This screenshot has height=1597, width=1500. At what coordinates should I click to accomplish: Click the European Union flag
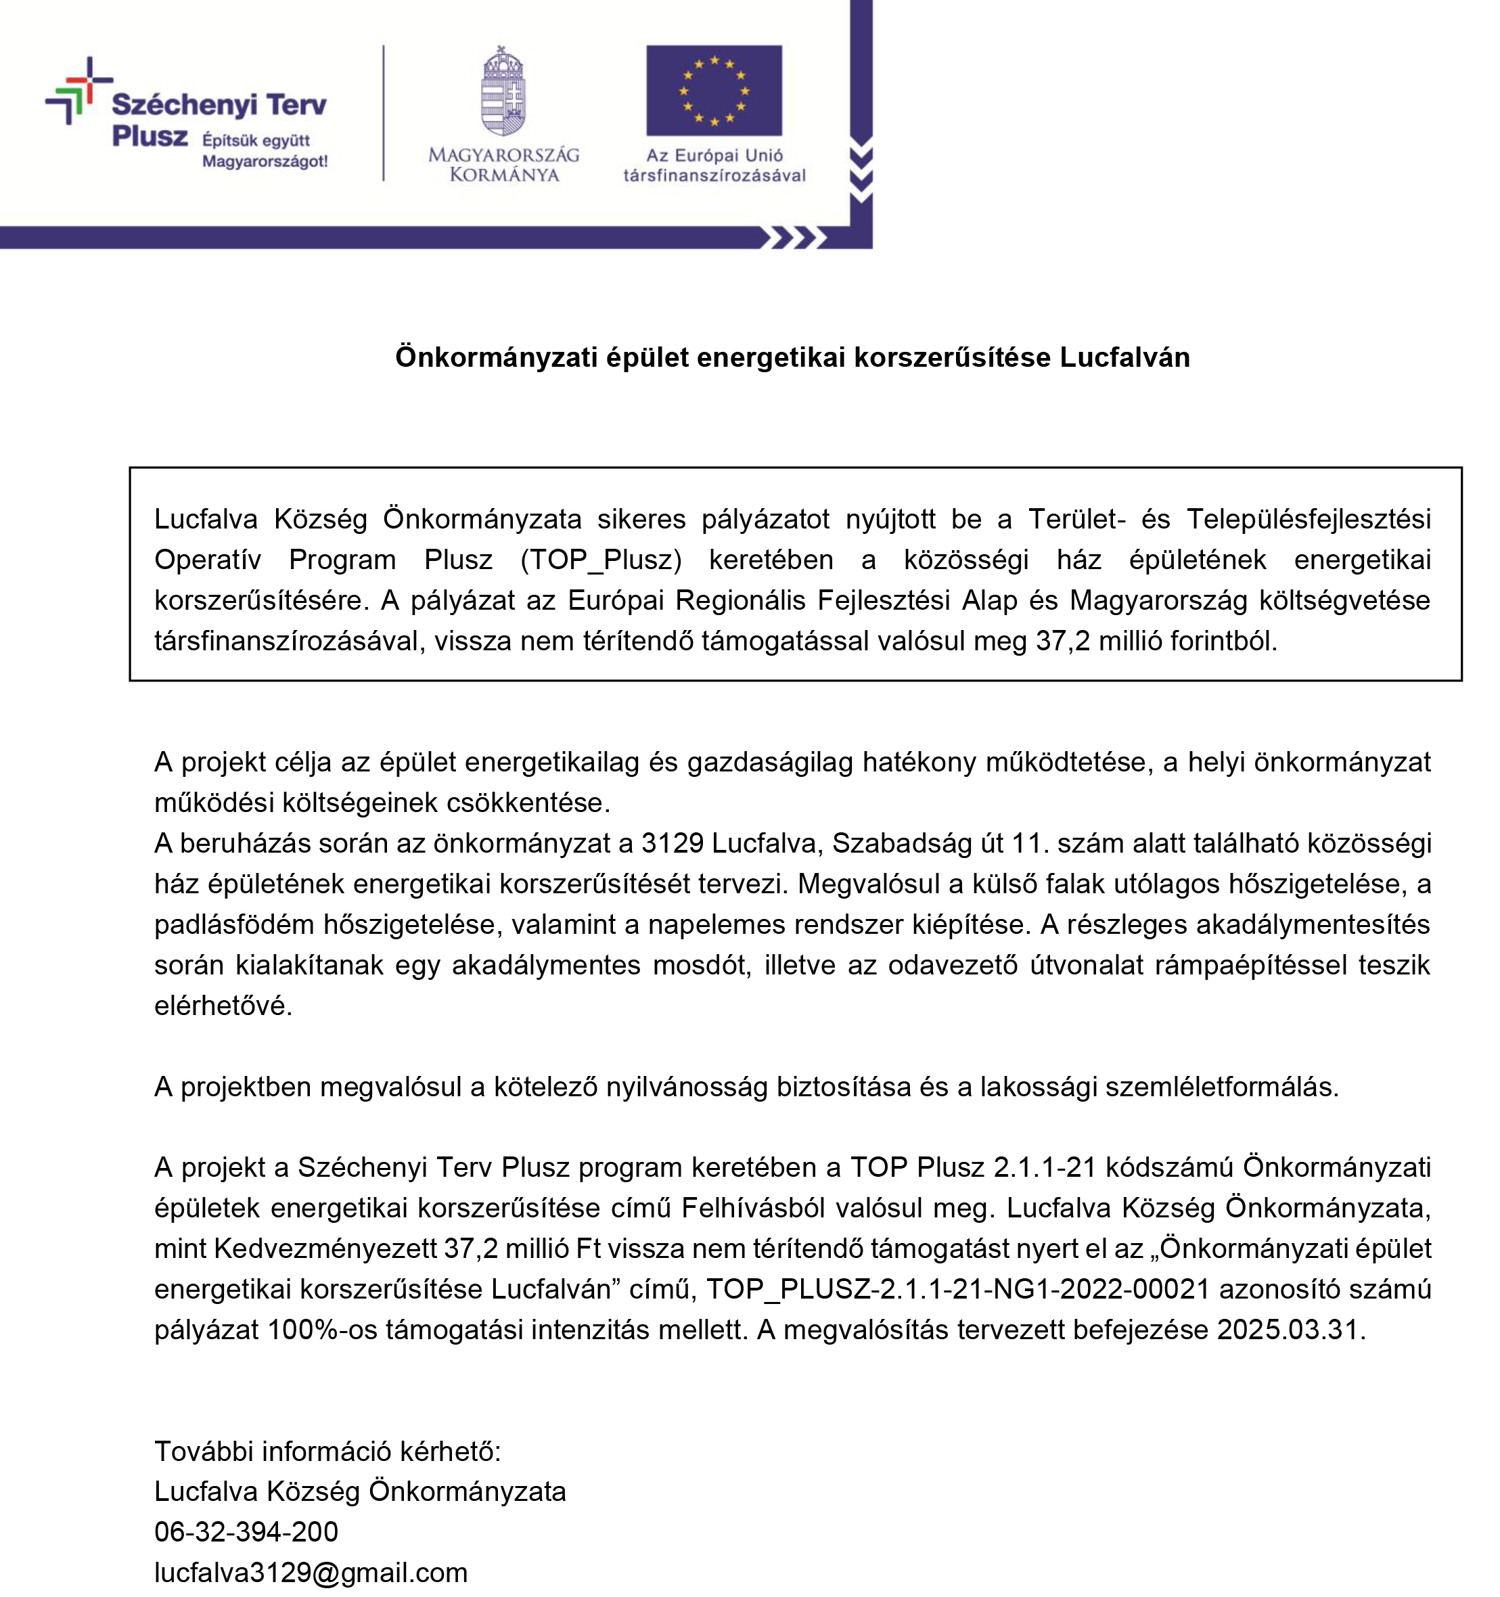[x=713, y=90]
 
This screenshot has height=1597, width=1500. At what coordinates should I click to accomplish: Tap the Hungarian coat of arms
[x=503, y=90]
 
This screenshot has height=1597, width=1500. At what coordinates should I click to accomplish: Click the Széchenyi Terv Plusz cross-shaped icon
[x=78, y=90]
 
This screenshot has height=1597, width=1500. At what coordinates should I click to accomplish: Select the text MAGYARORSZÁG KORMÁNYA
[x=503, y=164]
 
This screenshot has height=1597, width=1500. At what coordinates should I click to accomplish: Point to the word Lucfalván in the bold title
[x=1124, y=357]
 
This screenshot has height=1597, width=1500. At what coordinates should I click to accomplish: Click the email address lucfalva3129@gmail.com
[x=311, y=1572]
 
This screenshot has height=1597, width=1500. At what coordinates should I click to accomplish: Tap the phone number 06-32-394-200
[x=246, y=1531]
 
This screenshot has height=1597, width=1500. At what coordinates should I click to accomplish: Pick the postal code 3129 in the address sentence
[x=672, y=842]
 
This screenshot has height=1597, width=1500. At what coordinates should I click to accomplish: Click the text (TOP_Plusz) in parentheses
[x=601, y=560]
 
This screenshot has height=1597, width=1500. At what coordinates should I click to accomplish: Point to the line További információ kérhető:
[x=327, y=1451]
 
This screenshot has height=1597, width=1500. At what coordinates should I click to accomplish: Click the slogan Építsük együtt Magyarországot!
[x=265, y=151]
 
